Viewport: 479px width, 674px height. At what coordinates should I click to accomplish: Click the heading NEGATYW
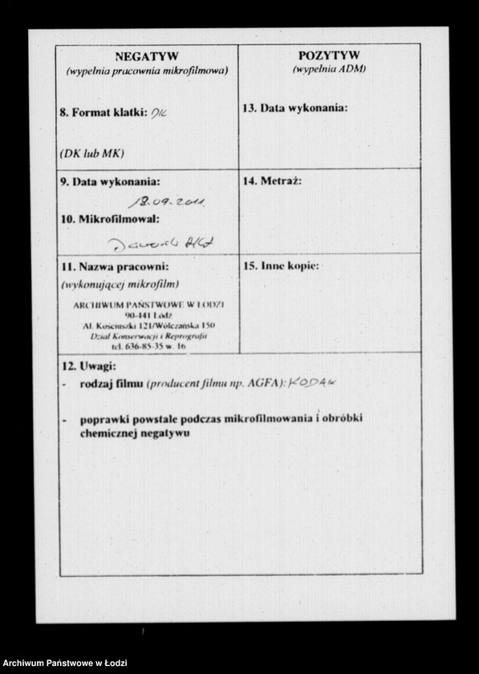147,56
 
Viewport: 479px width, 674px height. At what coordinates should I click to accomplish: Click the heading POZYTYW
328,55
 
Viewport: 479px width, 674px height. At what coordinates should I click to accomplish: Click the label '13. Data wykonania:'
294,108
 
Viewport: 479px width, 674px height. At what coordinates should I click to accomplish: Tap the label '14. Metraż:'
271,181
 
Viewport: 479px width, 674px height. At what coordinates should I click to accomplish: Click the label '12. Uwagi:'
89,366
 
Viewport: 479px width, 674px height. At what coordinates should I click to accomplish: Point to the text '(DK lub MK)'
91,152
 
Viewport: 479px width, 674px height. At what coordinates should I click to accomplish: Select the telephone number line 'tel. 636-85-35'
148,347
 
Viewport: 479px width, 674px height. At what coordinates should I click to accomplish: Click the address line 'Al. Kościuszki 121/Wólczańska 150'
148,327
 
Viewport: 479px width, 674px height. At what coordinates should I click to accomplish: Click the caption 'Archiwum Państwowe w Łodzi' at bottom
60,663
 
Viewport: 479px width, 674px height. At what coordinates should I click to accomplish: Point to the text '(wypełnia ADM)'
328,70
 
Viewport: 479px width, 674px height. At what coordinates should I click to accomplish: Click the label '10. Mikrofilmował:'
110,218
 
